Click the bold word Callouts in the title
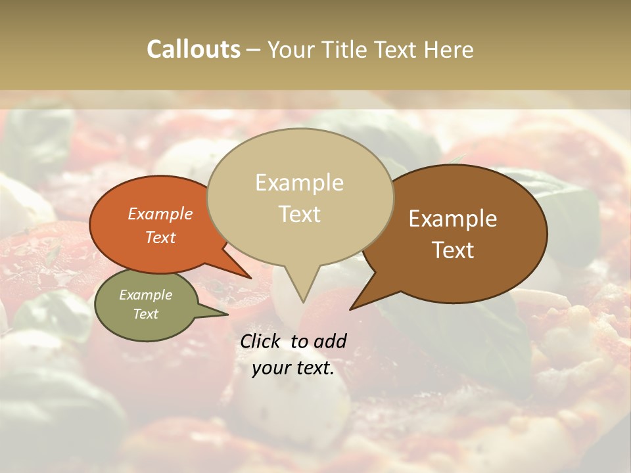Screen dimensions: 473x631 pos(193,49)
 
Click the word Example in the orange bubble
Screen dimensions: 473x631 pos(160,214)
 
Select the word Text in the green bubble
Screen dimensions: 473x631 pos(146,314)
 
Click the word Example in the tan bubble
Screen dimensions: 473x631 pos(299,183)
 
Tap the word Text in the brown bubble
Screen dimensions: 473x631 pos(453,250)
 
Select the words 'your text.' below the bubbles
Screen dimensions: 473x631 pos(293,368)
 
